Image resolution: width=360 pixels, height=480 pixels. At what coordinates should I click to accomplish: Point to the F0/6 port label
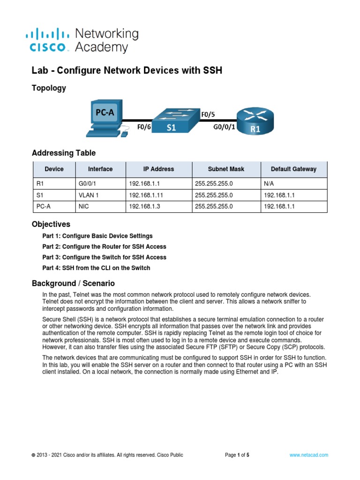[143, 127]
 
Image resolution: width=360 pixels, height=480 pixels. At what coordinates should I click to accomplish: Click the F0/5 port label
[208, 113]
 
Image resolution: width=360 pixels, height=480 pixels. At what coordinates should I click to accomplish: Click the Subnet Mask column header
[226, 169]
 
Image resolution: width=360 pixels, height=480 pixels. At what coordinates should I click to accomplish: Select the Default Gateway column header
[293, 169]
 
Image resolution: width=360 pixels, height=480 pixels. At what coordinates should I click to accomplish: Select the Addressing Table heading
[63, 153]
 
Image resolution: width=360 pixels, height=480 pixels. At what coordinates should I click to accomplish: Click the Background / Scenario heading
[73, 283]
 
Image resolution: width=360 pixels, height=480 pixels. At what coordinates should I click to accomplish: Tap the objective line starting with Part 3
[104, 257]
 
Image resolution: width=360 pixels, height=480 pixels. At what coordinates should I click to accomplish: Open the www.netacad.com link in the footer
[308, 455]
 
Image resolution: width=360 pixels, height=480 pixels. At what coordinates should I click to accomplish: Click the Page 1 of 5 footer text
[237, 455]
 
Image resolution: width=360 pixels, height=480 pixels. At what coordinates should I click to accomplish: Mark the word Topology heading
[49, 88]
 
